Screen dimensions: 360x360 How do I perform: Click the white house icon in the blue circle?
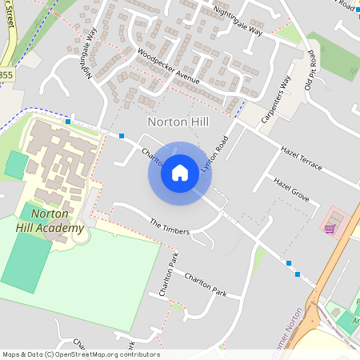click(180, 172)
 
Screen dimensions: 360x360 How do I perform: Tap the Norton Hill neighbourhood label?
click(179, 122)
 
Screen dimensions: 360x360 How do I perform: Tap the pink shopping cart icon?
click(330, 228)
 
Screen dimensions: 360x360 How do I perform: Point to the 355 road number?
click(6, 74)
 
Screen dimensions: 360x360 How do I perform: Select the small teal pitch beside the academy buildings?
click(15, 165)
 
